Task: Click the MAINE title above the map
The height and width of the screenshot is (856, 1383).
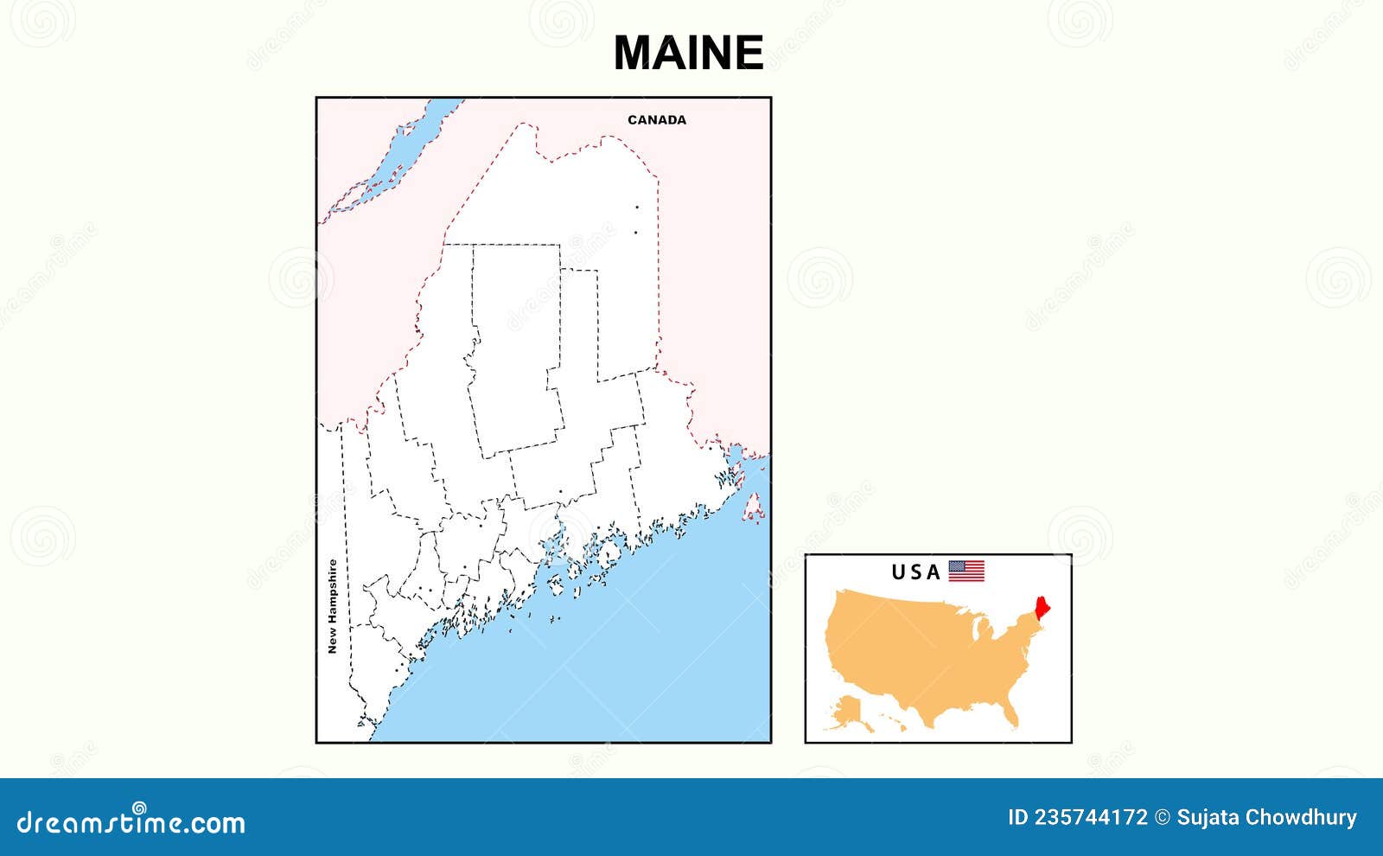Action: [x=688, y=53]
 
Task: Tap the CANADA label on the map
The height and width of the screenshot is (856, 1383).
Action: [x=657, y=120]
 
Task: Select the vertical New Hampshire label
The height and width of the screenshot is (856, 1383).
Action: [x=332, y=606]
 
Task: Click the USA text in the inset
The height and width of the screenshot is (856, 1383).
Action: [x=916, y=572]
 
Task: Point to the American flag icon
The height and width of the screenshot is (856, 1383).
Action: [x=966, y=571]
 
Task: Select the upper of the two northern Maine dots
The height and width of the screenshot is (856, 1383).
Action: [x=637, y=207]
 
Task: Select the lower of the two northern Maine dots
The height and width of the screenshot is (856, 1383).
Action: [x=636, y=232]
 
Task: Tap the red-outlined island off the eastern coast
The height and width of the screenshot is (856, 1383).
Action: [x=754, y=509]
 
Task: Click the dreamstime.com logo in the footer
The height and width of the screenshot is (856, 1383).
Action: [x=131, y=821]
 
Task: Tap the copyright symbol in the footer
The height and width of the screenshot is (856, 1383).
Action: [x=1163, y=817]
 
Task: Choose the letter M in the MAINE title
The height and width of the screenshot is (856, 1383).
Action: [x=634, y=53]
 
